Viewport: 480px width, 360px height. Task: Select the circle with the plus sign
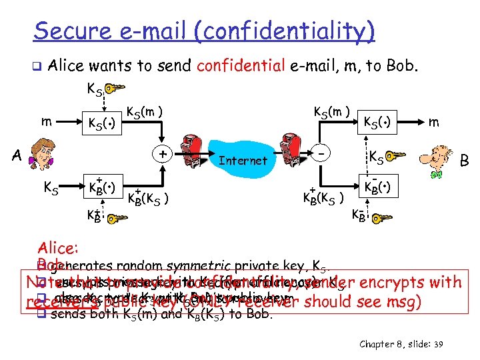point(161,153)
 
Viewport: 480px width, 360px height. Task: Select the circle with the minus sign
point(322,153)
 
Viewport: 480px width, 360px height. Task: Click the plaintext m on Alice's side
point(45,122)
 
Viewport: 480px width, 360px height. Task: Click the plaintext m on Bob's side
point(434,122)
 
